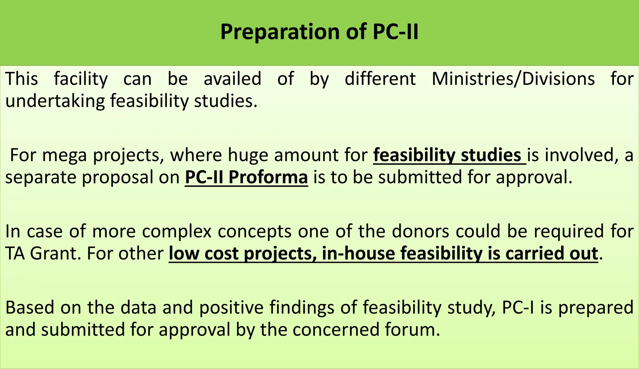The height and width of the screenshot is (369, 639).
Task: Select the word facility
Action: coord(81,79)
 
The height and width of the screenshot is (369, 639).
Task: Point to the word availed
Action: coord(232,79)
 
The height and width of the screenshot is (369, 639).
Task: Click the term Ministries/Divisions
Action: coord(513,79)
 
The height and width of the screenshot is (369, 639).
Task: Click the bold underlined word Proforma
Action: coord(268,177)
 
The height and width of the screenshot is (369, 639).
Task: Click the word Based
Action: coord(30,307)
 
